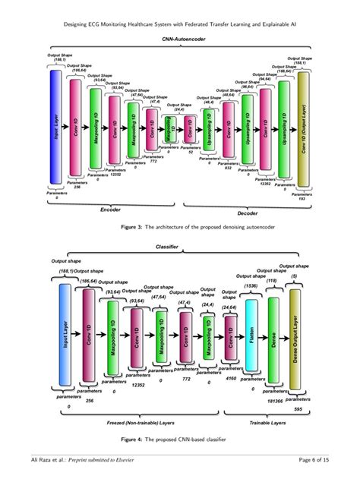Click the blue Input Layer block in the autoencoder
click(55, 128)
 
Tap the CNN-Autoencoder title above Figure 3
click(180, 39)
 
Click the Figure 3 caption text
click(180, 226)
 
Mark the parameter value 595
click(299, 408)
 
